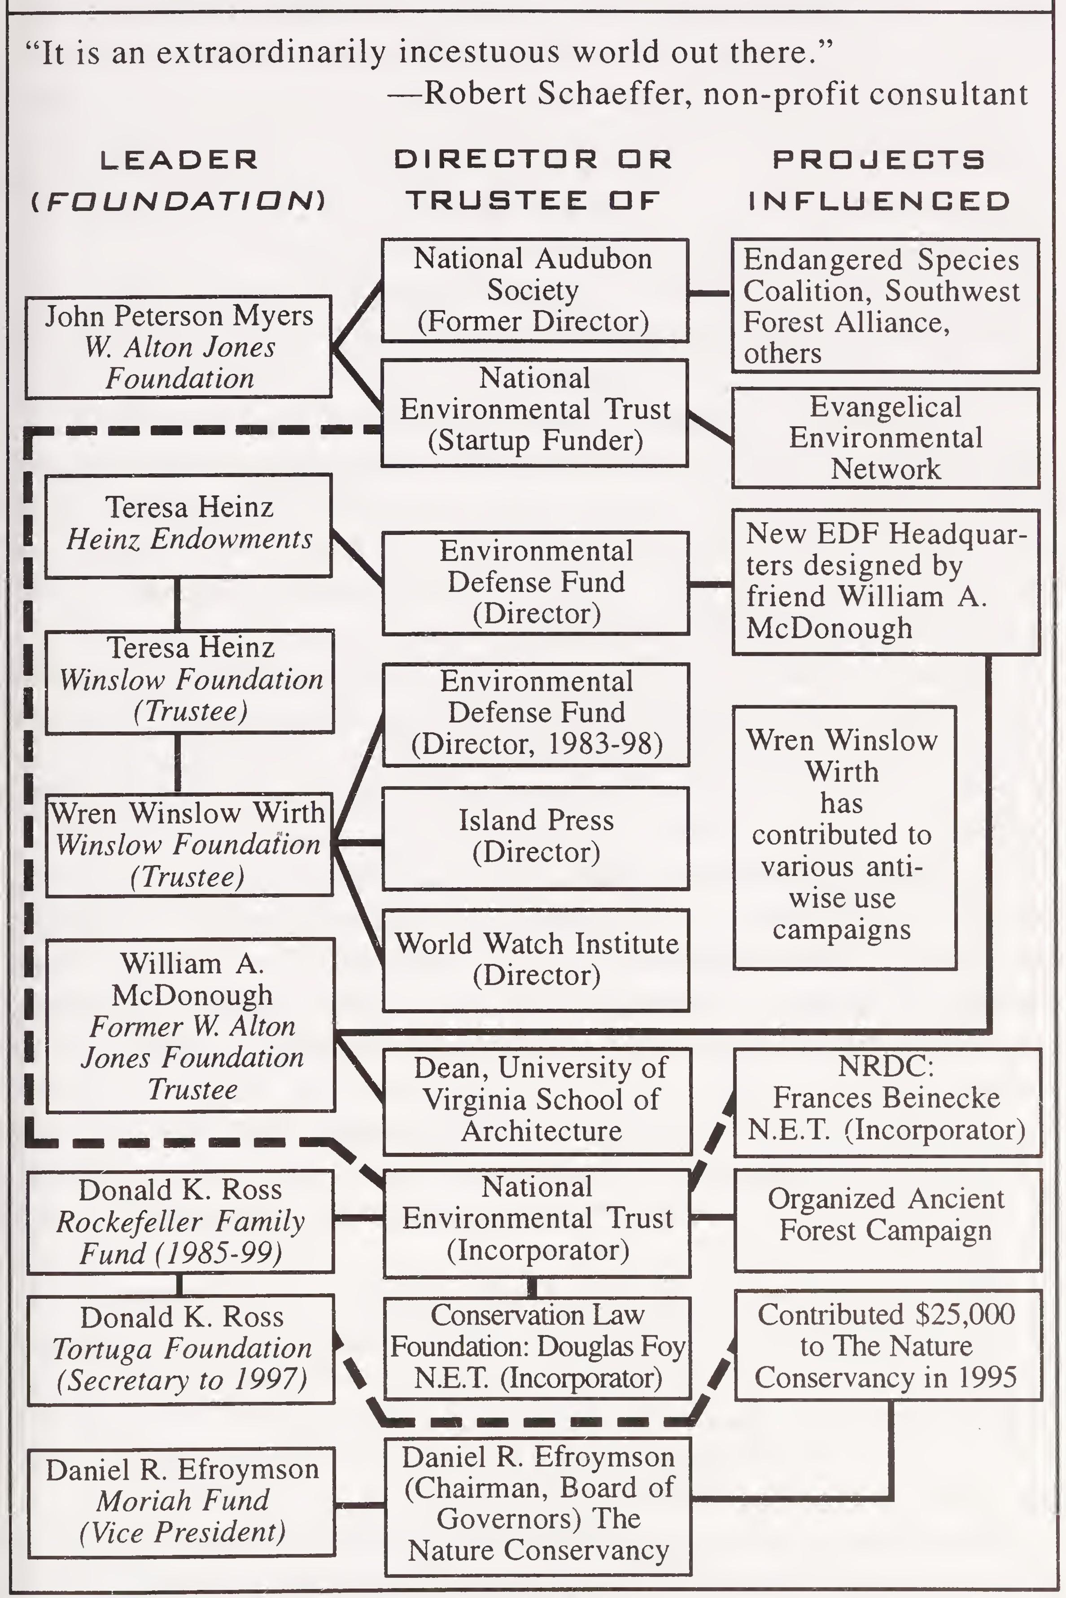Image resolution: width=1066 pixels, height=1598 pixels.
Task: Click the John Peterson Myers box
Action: [x=179, y=347]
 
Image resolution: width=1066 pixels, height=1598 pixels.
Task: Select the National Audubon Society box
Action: [x=534, y=290]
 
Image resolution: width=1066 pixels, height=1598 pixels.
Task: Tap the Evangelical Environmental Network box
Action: [x=885, y=438]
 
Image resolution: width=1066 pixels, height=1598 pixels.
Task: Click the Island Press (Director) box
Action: [x=536, y=838]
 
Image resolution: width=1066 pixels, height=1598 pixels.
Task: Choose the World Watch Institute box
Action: [x=536, y=959]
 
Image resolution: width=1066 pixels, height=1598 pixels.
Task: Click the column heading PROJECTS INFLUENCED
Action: [x=879, y=180]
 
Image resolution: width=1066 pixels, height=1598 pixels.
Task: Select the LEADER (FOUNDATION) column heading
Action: [x=179, y=180]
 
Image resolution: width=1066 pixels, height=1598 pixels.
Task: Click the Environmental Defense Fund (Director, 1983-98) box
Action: [x=536, y=714]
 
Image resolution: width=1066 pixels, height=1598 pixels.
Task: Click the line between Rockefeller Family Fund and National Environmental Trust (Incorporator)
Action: [x=359, y=1217]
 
